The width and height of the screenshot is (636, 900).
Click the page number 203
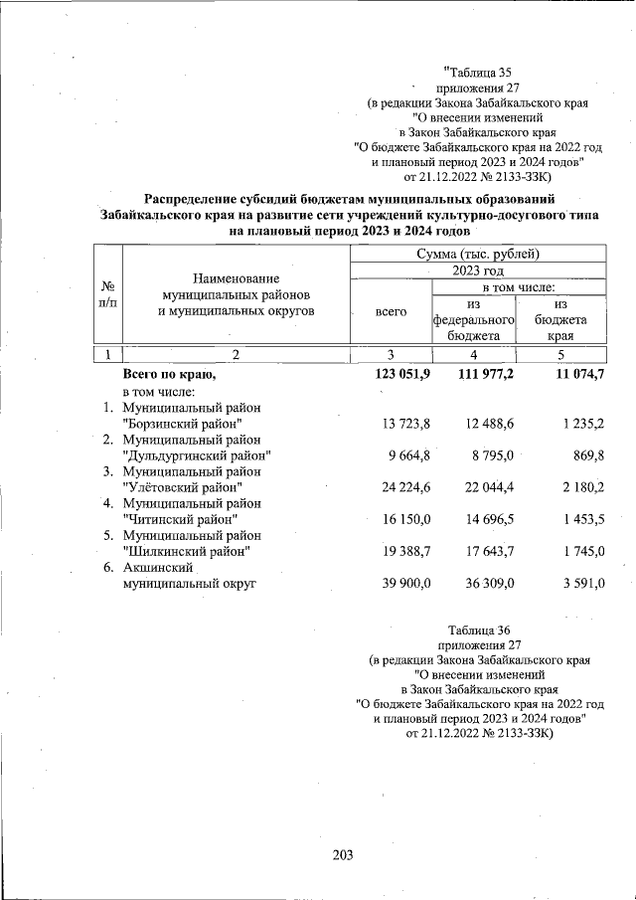343,855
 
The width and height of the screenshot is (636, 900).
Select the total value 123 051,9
401,375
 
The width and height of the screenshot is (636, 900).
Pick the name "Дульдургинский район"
197,455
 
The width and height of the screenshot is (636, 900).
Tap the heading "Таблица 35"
481,72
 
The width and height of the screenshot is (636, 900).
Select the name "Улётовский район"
182,488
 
